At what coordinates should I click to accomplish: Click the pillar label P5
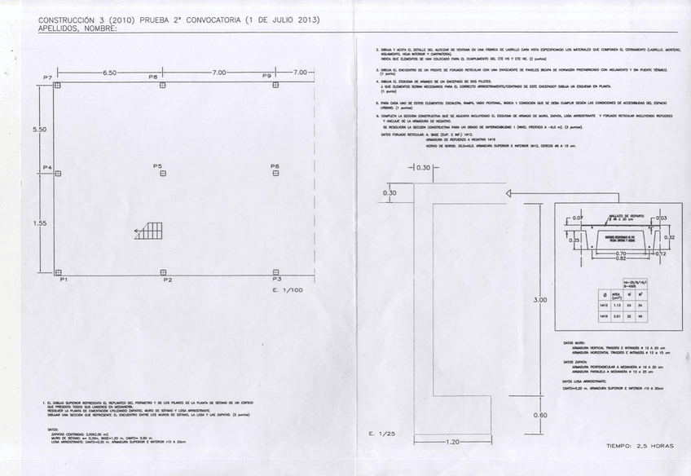coord(157,165)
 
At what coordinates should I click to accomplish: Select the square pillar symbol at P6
coord(275,173)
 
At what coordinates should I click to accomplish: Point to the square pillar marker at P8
coord(162,84)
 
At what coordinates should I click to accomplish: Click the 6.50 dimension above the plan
coord(109,73)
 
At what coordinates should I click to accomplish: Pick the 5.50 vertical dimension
coord(39,130)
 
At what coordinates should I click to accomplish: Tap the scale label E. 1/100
coord(287,289)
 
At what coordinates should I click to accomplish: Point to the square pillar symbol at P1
coord(56,274)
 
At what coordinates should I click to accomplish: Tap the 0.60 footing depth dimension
coord(539,415)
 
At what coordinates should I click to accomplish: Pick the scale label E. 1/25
coord(381,431)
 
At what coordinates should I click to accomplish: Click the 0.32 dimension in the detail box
coord(669,237)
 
